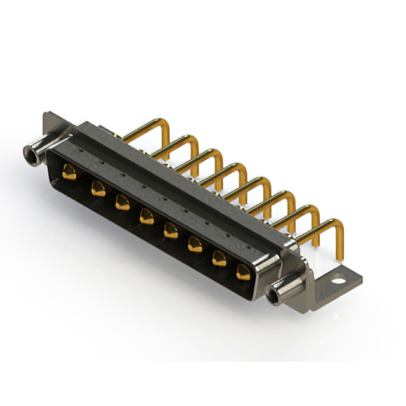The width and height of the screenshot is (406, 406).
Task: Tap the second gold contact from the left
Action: [97, 188]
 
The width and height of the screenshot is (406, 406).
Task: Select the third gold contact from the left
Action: [121, 202]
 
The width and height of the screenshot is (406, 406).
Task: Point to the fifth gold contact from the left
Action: [170, 230]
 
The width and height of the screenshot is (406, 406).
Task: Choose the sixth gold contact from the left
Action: [195, 244]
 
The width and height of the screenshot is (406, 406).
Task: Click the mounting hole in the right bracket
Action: [339, 277]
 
